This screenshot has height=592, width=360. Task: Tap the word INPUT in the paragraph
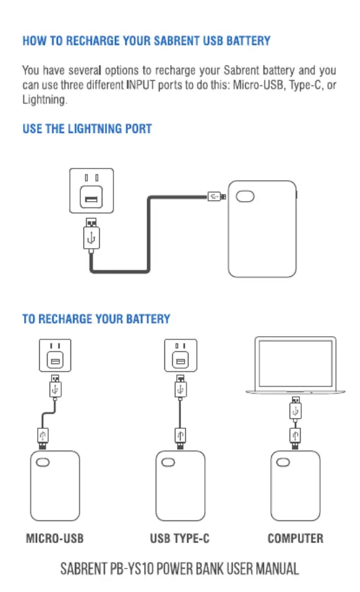coord(140,85)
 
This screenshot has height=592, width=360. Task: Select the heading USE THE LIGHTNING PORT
coord(87,129)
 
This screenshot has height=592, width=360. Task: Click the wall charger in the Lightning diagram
coord(91,191)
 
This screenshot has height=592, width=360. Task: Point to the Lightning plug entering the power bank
coord(217,196)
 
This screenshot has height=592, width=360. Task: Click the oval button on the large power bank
coord(245,196)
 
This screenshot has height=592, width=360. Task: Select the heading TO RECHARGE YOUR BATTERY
coord(97,319)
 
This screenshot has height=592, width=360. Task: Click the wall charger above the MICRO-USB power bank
coord(55,355)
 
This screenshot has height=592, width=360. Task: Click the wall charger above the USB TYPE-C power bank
coord(181,355)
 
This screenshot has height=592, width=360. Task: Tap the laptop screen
coord(295,363)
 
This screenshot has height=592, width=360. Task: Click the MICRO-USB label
coord(55,538)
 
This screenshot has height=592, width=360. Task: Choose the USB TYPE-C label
coord(179,538)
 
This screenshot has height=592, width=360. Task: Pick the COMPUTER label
coord(295,538)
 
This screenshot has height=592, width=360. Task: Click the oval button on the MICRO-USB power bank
coord(42,463)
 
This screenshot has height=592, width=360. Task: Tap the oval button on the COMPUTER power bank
coord(283,463)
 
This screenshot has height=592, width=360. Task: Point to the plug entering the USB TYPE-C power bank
coord(181,439)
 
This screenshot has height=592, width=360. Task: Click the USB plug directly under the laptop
coord(295,408)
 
